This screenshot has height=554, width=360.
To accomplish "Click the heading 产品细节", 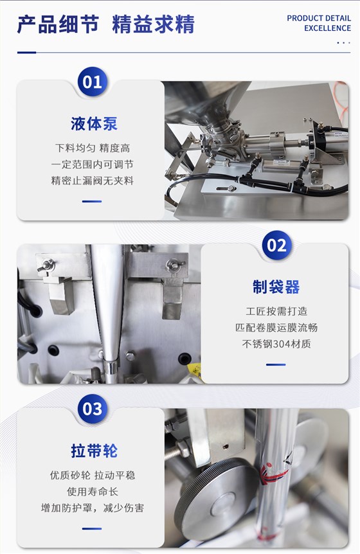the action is pos(58,24).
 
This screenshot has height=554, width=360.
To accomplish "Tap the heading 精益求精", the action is pos(154,24).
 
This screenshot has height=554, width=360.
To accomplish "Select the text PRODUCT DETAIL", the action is pos(319,19).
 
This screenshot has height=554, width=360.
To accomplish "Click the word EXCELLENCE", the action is pos(327,28).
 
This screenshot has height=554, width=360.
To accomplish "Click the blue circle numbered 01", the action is pos(92,82).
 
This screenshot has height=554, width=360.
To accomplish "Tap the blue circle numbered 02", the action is pos(276,246).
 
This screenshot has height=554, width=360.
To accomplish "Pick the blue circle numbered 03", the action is pos(92,409).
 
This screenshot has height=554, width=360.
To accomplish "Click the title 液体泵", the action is pos(94,123).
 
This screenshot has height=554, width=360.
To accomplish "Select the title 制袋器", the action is pos(276,287).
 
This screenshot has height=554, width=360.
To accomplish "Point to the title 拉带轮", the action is pos(94,451).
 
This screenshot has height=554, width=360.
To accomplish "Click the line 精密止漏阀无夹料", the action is pos(92,181).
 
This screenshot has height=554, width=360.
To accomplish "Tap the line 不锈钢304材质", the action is pos(276,344).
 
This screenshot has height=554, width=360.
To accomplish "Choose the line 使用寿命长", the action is pos(92,492).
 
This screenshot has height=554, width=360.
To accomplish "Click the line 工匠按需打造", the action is pos(276,311).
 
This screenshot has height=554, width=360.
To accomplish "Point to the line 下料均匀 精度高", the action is pos(92,148).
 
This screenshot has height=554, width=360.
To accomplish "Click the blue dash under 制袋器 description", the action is pos(276,364).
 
